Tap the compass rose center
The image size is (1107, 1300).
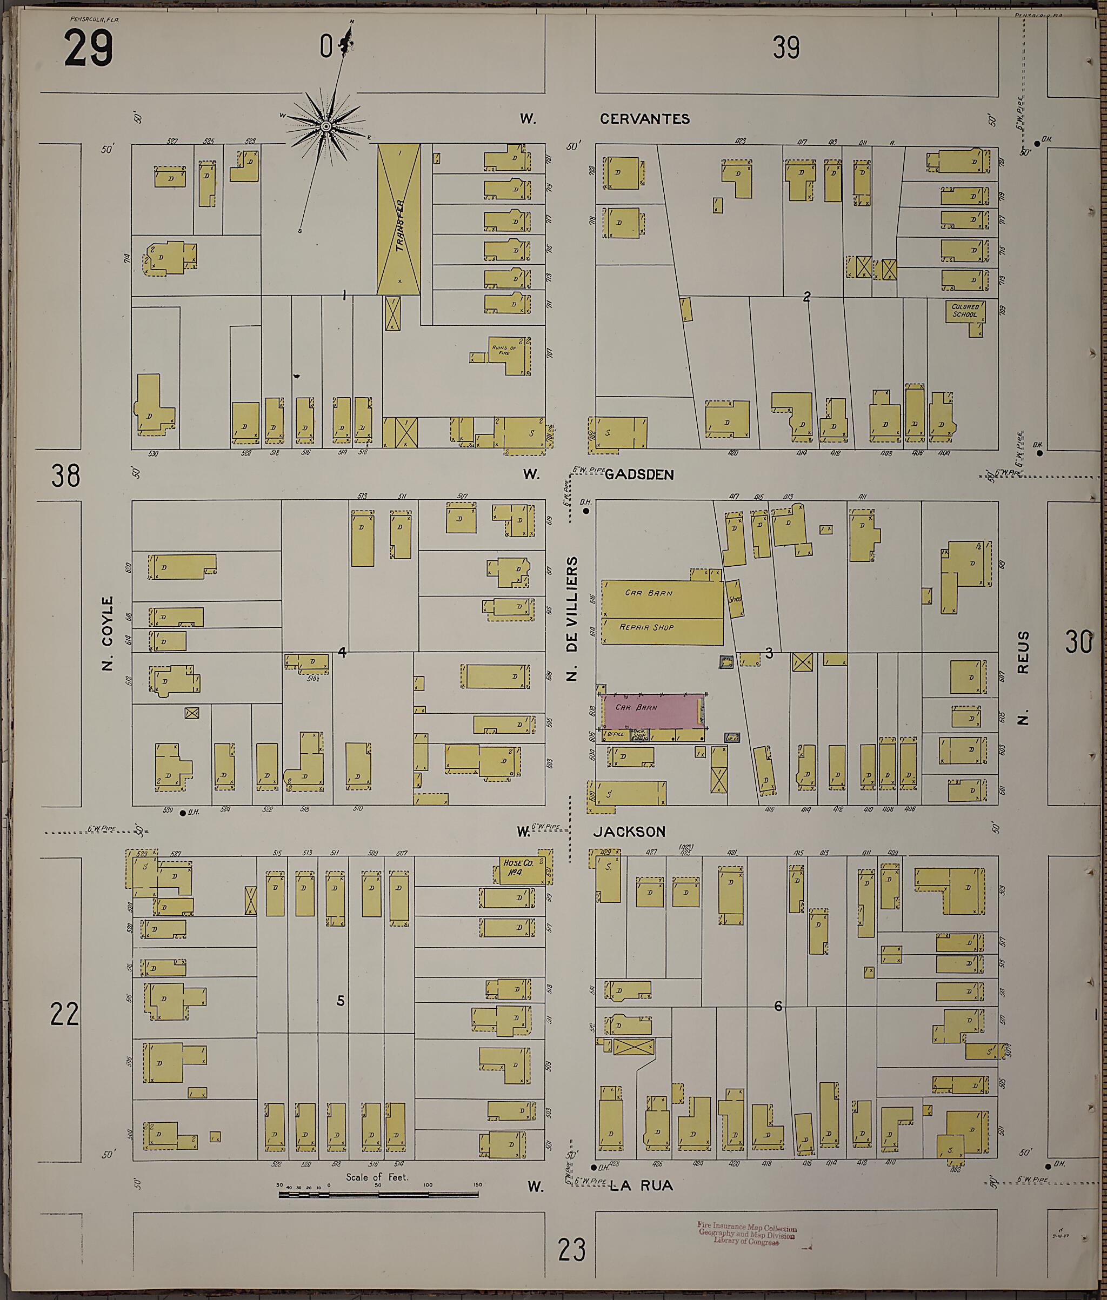pyautogui.click(x=326, y=127)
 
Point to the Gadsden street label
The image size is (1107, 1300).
pyautogui.click(x=639, y=474)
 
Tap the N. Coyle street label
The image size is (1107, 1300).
pyautogui.click(x=108, y=633)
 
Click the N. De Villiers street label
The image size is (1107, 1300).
pyautogui.click(x=572, y=618)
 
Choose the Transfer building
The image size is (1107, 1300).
pyautogui.click(x=398, y=219)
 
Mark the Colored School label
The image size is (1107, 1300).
pyautogui.click(x=965, y=311)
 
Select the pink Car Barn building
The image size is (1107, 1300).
pyautogui.click(x=652, y=711)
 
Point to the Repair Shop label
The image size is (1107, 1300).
pyautogui.click(x=646, y=627)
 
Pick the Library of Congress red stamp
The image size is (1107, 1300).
pyautogui.click(x=747, y=1233)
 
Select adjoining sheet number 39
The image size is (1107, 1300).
pyautogui.click(x=786, y=48)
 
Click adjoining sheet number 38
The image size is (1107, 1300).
pyautogui.click(x=65, y=475)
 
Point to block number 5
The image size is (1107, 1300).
pyautogui.click(x=340, y=1000)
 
